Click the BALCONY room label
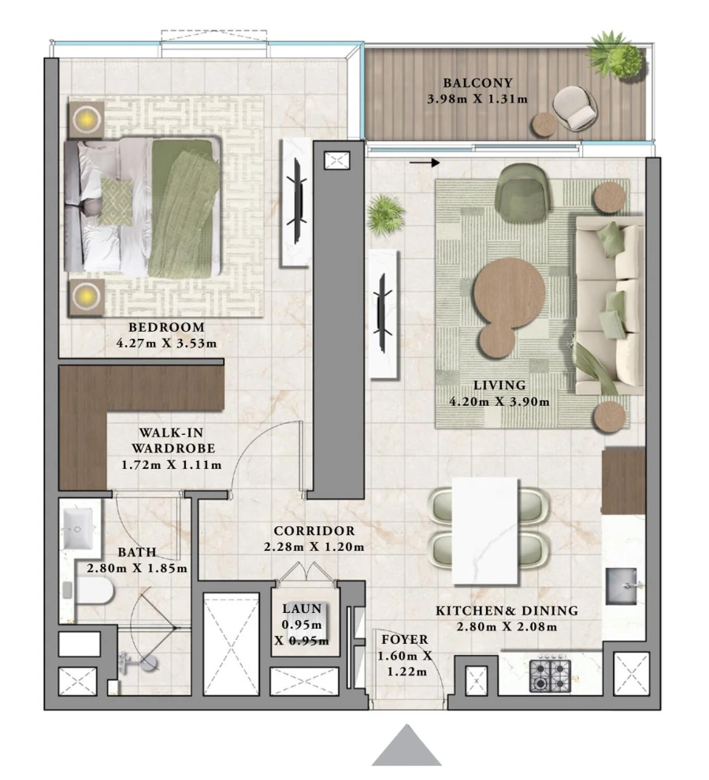(x=477, y=83)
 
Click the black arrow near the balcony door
(x=425, y=163)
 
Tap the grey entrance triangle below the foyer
(x=406, y=745)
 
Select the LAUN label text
(x=302, y=608)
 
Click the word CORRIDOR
(x=314, y=531)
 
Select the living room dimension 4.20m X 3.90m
(x=499, y=401)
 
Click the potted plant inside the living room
(x=386, y=214)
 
